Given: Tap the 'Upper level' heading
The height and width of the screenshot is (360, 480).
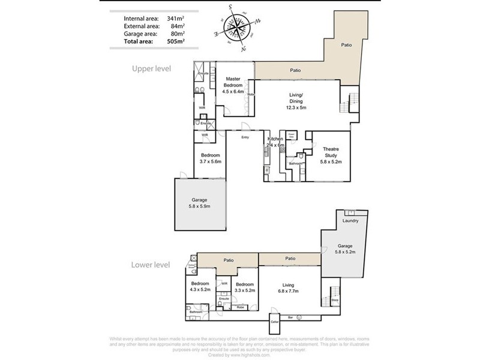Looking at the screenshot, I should [151, 68].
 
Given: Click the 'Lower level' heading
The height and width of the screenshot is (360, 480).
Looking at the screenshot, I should [151, 264].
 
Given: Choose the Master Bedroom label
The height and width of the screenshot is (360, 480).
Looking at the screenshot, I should [233, 85].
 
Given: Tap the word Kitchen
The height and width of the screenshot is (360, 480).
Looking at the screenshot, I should [275, 139].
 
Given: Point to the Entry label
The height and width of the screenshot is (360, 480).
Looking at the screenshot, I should [245, 138].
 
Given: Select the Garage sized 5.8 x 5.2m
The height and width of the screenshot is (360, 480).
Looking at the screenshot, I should [346, 249].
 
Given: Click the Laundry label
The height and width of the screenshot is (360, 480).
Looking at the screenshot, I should [350, 221].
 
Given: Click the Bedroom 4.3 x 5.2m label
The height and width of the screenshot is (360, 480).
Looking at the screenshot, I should [200, 287].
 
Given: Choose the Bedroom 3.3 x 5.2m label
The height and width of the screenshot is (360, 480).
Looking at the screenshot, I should [244, 287].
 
